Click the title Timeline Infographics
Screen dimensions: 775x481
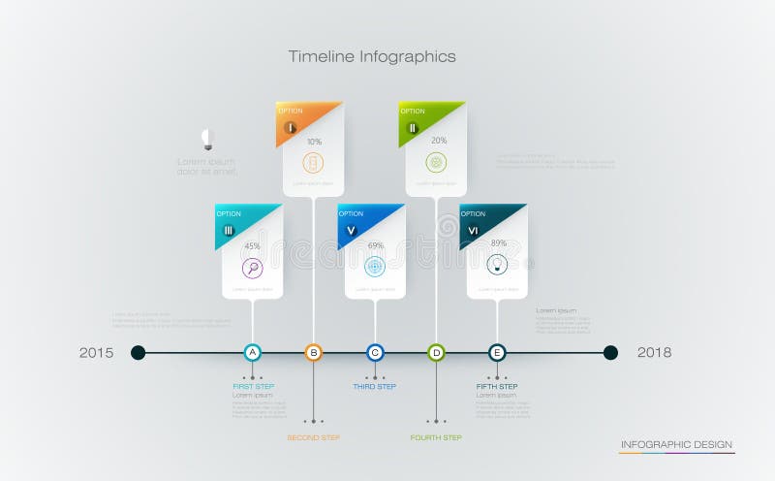point(372,56)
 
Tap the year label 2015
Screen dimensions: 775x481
point(96,353)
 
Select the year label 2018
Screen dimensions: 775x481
point(654,353)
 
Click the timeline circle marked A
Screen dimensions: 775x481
point(252,353)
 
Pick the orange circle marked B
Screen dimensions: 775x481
point(313,353)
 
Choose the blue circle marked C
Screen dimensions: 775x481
point(375,353)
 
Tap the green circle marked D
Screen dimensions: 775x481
point(436,353)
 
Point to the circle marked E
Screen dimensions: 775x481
point(497,353)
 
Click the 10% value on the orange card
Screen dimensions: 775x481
point(314,142)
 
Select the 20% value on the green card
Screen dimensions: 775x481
point(438,142)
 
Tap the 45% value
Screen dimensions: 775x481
point(252,246)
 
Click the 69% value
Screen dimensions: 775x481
point(375,246)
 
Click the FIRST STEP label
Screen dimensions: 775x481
point(253,387)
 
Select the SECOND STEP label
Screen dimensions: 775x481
point(313,438)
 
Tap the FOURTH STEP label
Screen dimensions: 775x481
point(436,438)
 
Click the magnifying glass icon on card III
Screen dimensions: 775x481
point(252,268)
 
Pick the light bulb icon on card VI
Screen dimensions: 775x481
point(497,264)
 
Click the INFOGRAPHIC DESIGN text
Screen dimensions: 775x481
point(676,444)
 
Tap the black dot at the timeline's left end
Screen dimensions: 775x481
point(139,353)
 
